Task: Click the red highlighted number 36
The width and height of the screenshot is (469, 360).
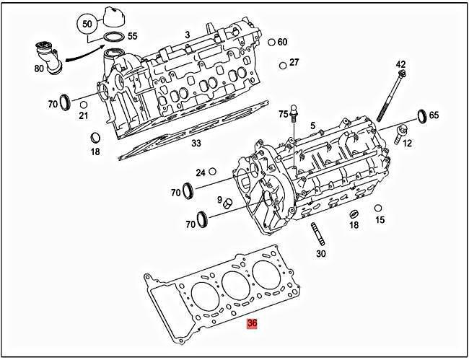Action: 252,324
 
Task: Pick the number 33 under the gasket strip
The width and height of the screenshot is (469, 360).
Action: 196,142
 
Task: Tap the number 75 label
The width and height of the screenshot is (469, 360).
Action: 283,114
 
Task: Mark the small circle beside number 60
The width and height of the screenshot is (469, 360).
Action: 271,42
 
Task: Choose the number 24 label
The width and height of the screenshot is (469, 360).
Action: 201,172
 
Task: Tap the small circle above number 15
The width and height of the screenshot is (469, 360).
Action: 378,208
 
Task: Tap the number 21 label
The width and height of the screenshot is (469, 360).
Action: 84,115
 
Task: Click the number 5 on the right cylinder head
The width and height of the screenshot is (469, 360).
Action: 313,126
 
